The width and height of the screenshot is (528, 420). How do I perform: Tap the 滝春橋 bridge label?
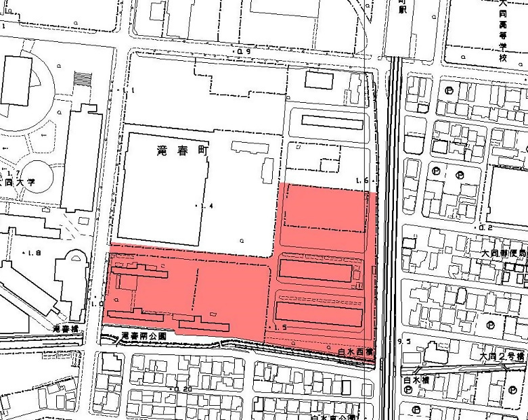click(65, 329)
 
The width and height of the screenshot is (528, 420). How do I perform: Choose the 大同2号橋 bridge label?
click(502, 356)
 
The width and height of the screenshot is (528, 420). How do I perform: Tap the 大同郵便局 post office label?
click(504, 252)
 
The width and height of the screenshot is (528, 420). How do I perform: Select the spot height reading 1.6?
click(362, 181)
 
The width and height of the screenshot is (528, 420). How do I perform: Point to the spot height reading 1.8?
click(33, 252)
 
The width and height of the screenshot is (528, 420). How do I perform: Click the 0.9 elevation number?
click(243, 52)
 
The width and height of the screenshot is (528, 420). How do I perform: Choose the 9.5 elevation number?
click(405, 342)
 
